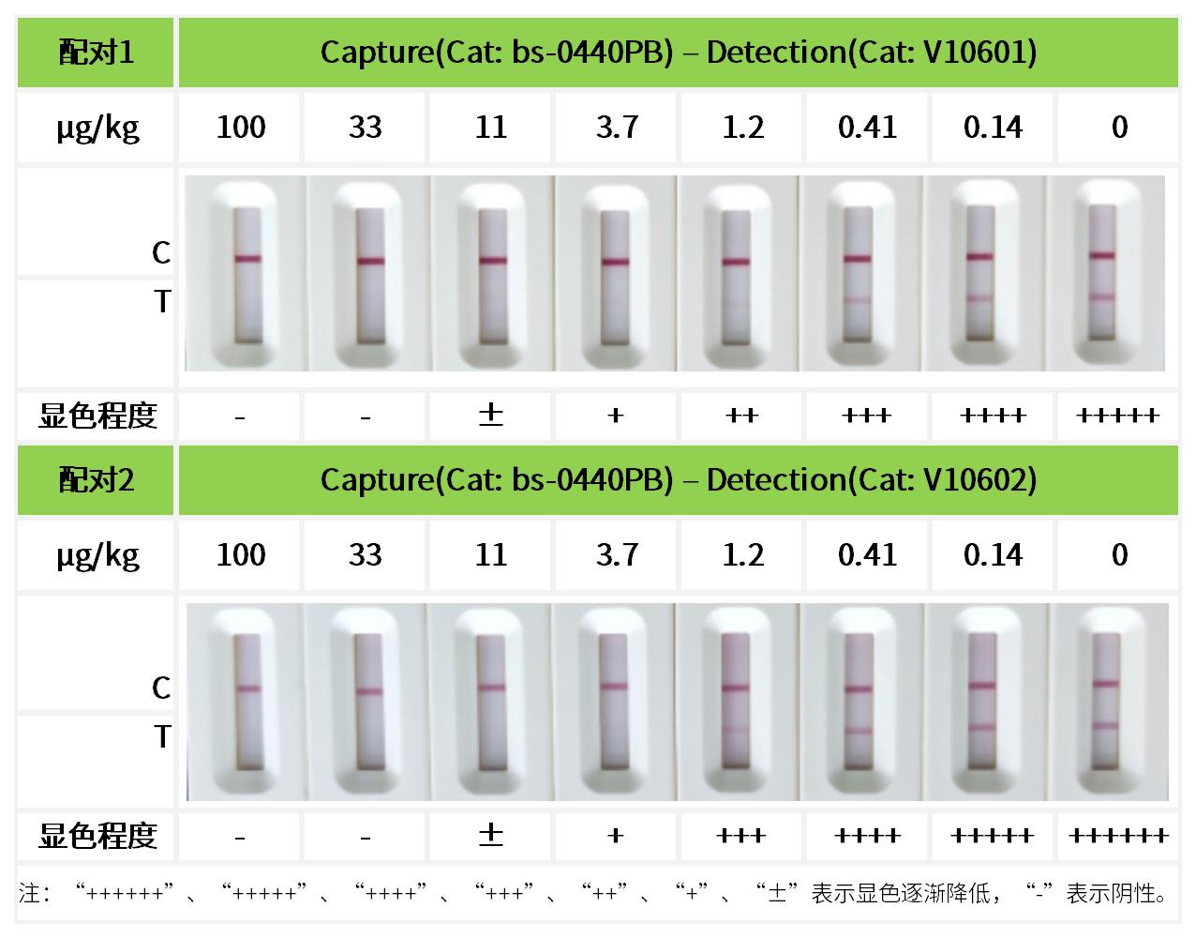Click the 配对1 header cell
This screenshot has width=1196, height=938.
pyautogui.click(x=96, y=52)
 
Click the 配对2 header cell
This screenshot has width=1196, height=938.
pyautogui.click(x=96, y=480)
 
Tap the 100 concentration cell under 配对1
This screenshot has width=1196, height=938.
pyautogui.click(x=241, y=127)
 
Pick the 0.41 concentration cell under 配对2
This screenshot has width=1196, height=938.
pyautogui.click(x=867, y=554)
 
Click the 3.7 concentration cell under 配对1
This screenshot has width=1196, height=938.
pyautogui.click(x=616, y=127)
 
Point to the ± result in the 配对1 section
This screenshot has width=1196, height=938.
pyautogui.click(x=490, y=415)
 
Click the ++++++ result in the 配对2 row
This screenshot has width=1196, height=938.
pyautogui.click(x=1117, y=835)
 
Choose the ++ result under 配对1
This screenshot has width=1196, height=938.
pyautogui.click(x=741, y=415)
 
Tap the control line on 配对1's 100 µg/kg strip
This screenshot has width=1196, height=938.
pyautogui.click(x=248, y=259)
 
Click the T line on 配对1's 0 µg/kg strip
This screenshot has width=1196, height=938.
pyautogui.click(x=1102, y=296)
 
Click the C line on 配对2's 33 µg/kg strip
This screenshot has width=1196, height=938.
pyautogui.click(x=368, y=692)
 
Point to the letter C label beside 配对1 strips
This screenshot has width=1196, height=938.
pyautogui.click(x=161, y=252)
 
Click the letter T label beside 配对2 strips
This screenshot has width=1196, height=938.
pyautogui.click(x=162, y=737)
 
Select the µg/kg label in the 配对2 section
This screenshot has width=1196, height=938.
pyautogui.click(x=97, y=555)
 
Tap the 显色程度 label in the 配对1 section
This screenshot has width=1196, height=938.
pyautogui.click(x=97, y=415)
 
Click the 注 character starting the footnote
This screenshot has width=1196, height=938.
pyautogui.click(x=29, y=893)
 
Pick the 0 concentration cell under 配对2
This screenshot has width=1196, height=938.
pyautogui.click(x=1119, y=554)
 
